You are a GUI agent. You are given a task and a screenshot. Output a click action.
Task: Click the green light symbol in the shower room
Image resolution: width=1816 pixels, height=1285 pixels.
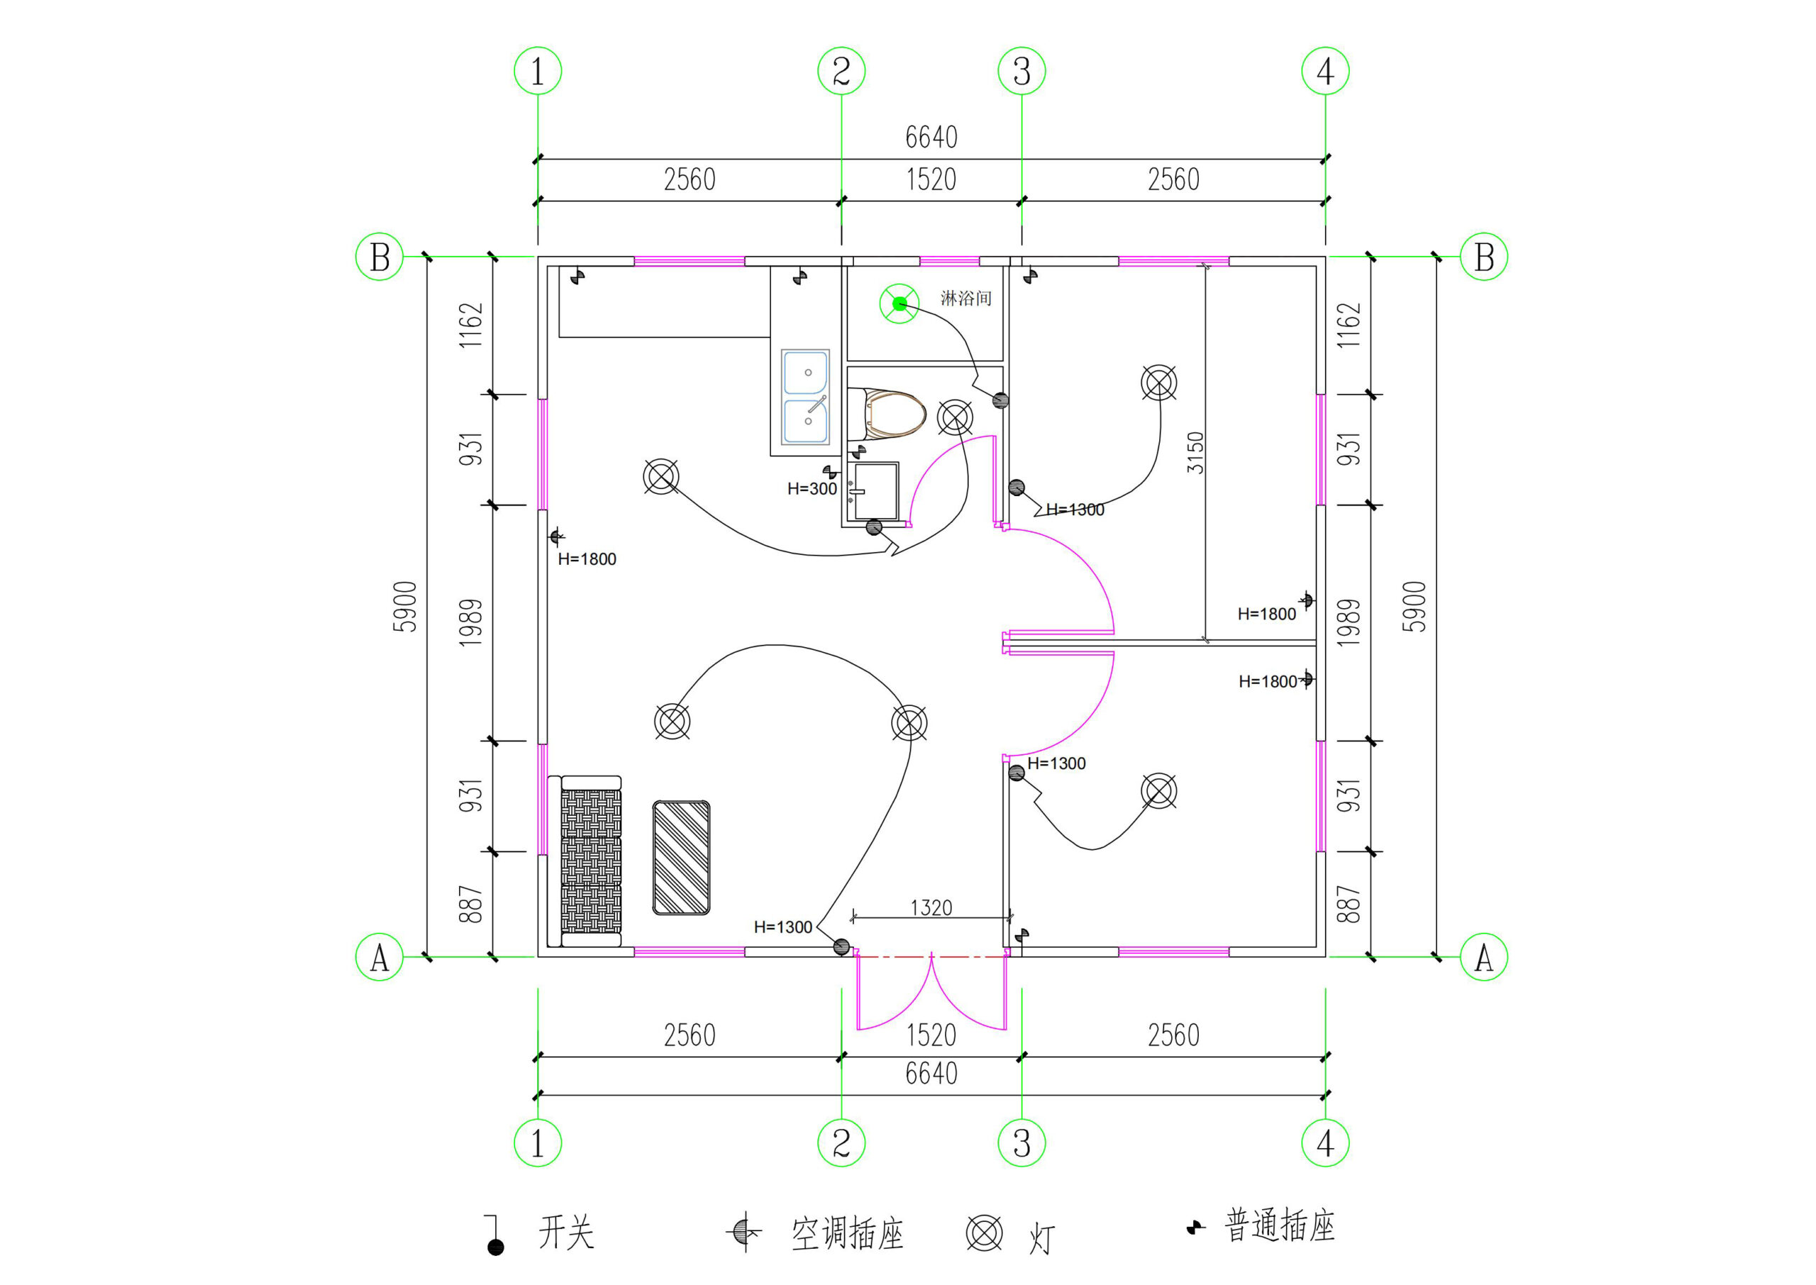899,304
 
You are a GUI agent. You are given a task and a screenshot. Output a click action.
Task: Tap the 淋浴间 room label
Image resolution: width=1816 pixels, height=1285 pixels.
965,298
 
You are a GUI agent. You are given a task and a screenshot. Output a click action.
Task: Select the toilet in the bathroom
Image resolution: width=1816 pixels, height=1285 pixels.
890,414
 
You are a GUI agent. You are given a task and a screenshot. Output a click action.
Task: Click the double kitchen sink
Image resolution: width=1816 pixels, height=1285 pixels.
805,397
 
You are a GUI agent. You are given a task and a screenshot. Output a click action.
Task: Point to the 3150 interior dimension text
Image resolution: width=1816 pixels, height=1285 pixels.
1195,453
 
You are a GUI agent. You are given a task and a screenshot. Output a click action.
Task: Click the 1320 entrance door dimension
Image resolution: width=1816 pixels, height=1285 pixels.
931,908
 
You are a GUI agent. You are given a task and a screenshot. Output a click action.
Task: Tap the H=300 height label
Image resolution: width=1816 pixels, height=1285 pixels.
812,489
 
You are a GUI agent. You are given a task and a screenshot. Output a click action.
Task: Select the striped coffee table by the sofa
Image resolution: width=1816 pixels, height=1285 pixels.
681,858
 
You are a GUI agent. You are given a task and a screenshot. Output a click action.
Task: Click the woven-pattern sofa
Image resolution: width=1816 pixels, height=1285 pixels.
590,861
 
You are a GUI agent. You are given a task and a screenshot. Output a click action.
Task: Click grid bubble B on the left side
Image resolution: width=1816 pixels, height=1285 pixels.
380,257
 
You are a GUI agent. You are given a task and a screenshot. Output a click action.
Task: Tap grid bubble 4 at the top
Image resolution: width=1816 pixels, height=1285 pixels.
1325,72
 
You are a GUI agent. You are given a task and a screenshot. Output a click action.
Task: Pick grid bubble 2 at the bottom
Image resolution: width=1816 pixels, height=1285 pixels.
841,1142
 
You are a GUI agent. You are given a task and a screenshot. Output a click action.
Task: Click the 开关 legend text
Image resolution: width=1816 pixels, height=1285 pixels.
566,1232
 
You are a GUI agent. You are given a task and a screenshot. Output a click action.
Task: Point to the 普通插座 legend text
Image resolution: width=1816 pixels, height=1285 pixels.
1279,1226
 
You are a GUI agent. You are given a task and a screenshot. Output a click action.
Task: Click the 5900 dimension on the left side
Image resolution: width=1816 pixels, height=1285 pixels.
405,607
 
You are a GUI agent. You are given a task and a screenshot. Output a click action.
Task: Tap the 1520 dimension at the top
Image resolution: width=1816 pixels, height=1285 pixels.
931,180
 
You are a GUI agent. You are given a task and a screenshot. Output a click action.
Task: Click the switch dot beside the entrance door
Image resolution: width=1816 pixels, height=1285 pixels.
841,947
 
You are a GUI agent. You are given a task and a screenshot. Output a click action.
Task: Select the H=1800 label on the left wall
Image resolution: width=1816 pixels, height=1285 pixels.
587,559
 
